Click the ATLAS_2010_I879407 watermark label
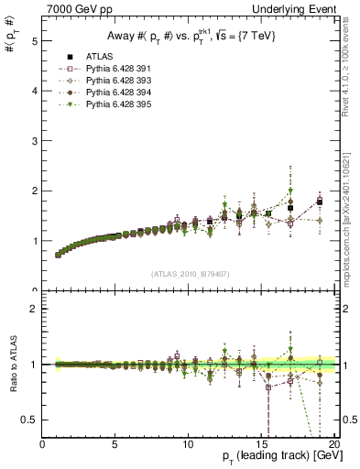coord(190,273)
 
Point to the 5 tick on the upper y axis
coord(34,41)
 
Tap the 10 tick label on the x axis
coord(188,443)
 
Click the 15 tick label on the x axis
coord(260,443)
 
